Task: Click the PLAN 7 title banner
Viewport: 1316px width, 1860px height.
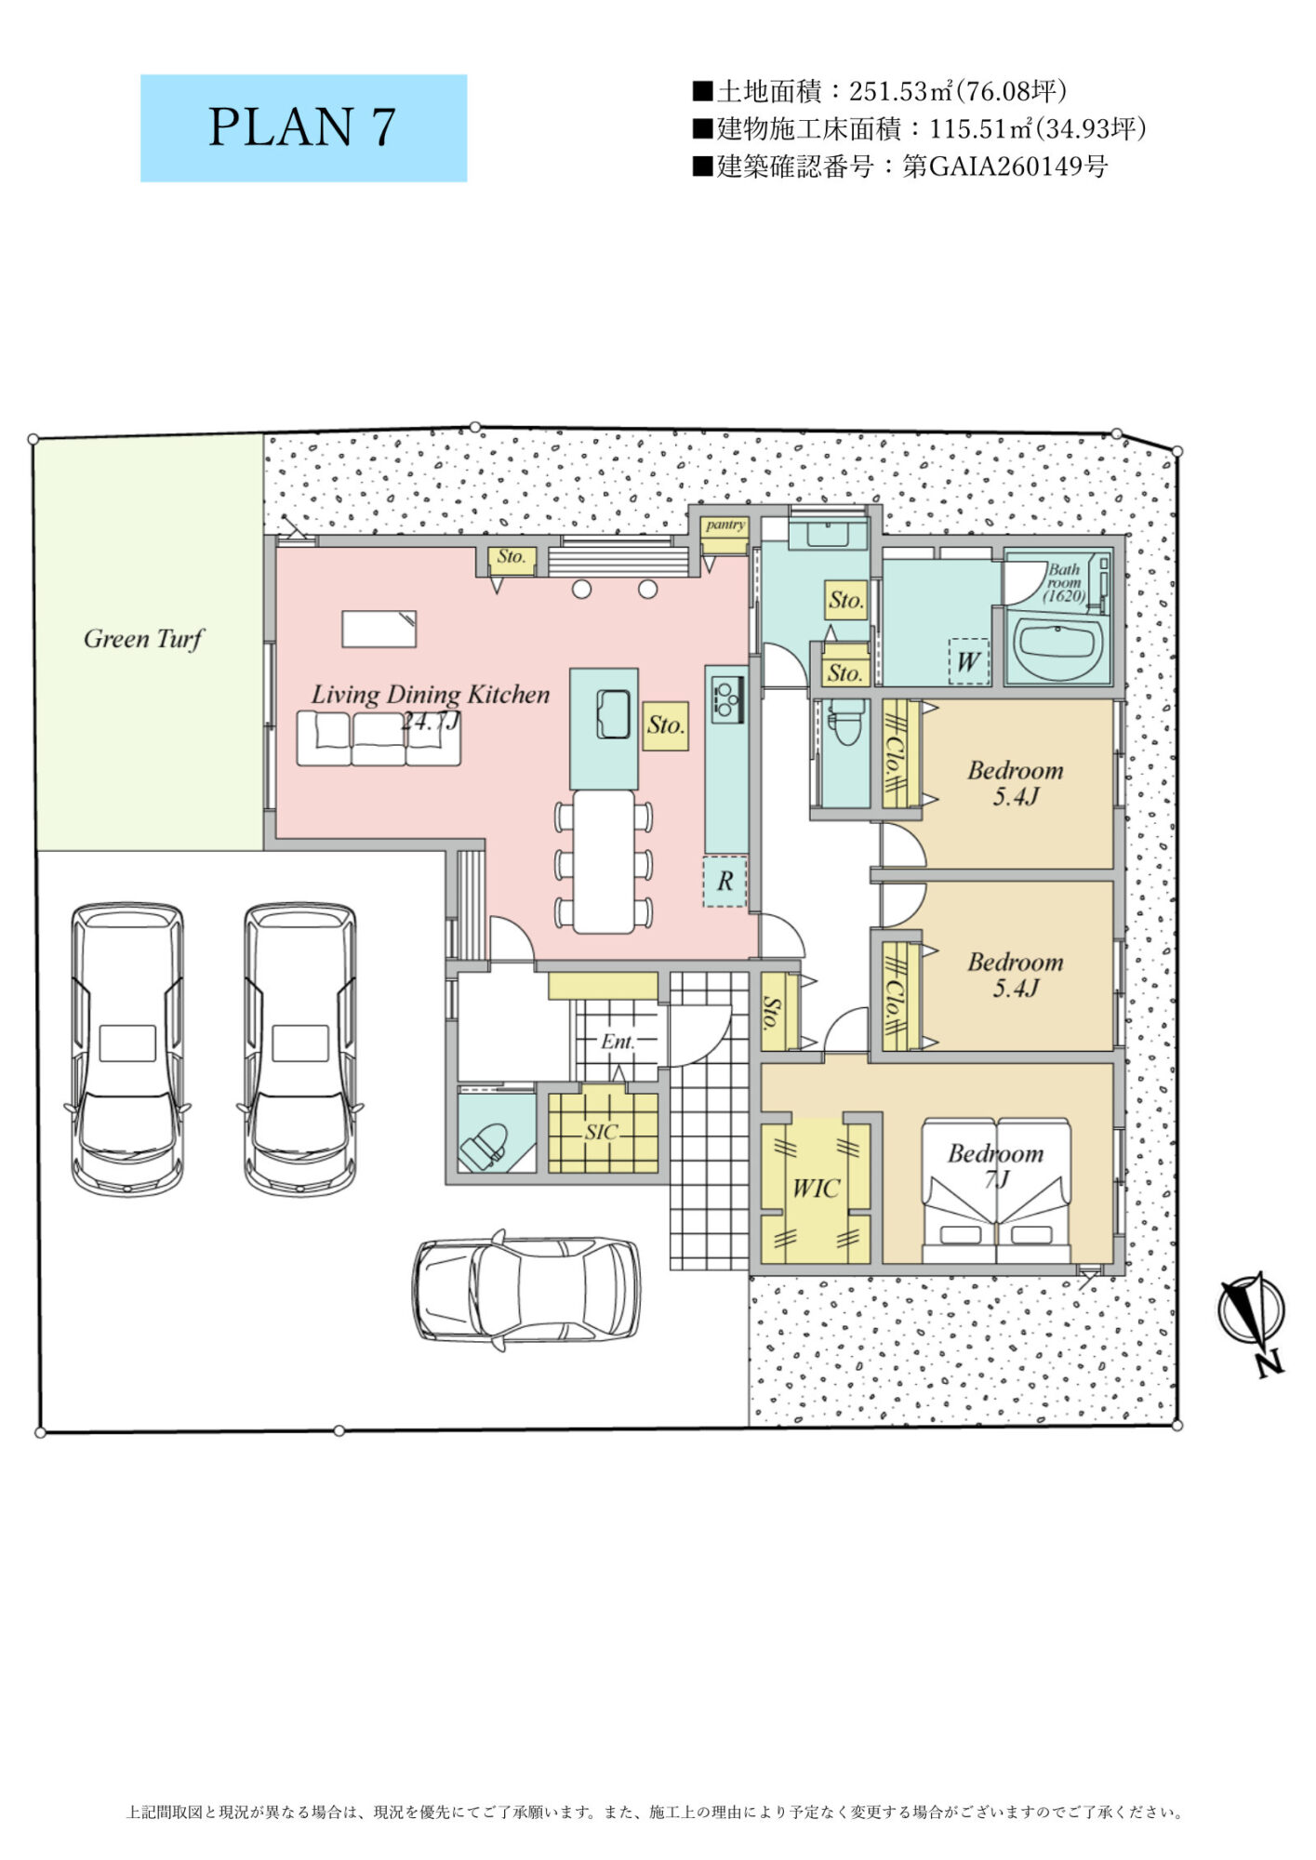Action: pyautogui.click(x=303, y=128)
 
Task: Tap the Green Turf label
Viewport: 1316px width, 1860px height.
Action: pyautogui.click(x=143, y=639)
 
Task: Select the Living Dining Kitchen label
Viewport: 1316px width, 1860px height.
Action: pyautogui.click(x=430, y=695)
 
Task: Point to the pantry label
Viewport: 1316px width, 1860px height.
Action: pyautogui.click(x=724, y=525)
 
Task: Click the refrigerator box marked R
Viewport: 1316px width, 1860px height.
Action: pyautogui.click(x=724, y=881)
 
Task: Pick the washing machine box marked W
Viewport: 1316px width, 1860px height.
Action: pyautogui.click(x=968, y=661)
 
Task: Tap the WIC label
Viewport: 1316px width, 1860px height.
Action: pyautogui.click(x=816, y=1189)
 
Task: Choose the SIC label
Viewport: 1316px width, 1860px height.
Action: pyautogui.click(x=602, y=1133)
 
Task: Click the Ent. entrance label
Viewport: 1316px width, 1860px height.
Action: pyautogui.click(x=618, y=1042)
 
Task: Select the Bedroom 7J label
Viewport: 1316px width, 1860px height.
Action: pyautogui.click(x=996, y=1166)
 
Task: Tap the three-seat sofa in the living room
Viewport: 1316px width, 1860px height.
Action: pyautogui.click(x=379, y=738)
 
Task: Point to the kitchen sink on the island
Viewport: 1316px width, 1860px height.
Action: pyautogui.click(x=613, y=714)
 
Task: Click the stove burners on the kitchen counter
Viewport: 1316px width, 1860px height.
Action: pyautogui.click(x=724, y=698)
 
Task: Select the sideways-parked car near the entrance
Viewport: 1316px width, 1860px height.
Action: pyautogui.click(x=526, y=1290)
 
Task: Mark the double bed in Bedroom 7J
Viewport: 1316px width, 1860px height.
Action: pyautogui.click(x=996, y=1191)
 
